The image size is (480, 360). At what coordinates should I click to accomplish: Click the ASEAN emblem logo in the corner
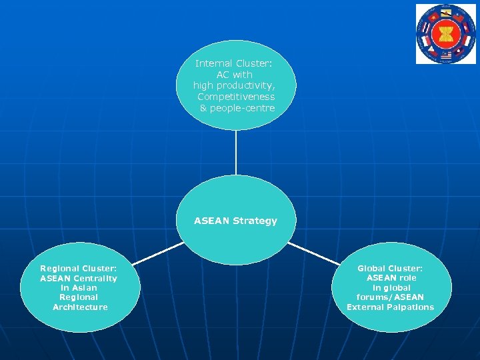point(446,34)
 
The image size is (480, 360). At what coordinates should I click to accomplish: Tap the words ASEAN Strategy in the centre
point(235,221)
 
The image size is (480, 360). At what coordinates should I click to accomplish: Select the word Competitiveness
point(236,97)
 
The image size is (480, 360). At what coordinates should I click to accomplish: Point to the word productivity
point(249,85)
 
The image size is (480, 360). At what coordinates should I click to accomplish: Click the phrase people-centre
point(242,108)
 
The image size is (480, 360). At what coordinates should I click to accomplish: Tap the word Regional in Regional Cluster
point(59,269)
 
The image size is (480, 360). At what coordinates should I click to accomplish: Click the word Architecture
point(80,307)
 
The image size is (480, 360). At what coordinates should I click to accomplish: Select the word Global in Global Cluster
point(373,269)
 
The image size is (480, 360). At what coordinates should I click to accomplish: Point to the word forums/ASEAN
point(390,297)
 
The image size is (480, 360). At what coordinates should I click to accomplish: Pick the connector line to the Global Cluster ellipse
point(313,253)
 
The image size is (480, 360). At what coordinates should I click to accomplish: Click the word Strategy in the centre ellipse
point(255,221)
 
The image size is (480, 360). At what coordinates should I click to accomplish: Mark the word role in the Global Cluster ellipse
point(407,278)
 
